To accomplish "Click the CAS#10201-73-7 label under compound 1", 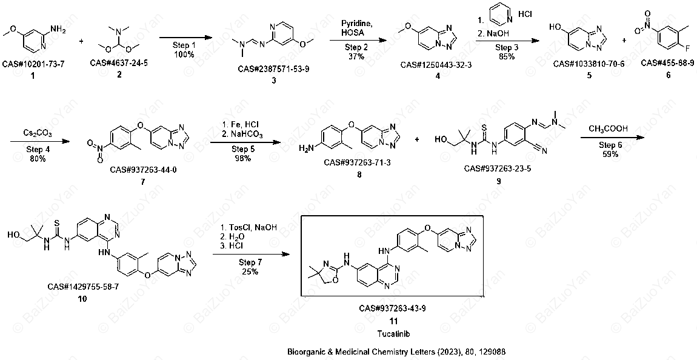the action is click(x=33, y=64).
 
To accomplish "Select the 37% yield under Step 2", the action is click(x=356, y=56).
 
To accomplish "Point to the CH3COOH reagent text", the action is click(x=608, y=129).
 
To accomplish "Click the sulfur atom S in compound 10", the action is click(x=58, y=221).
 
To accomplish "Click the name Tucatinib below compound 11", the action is click(x=393, y=333).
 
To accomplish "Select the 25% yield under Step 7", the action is click(x=250, y=272).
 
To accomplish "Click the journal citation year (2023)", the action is click(x=445, y=352).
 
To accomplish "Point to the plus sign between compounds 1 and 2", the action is click(x=81, y=41).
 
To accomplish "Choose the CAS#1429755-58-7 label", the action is click(x=83, y=287).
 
